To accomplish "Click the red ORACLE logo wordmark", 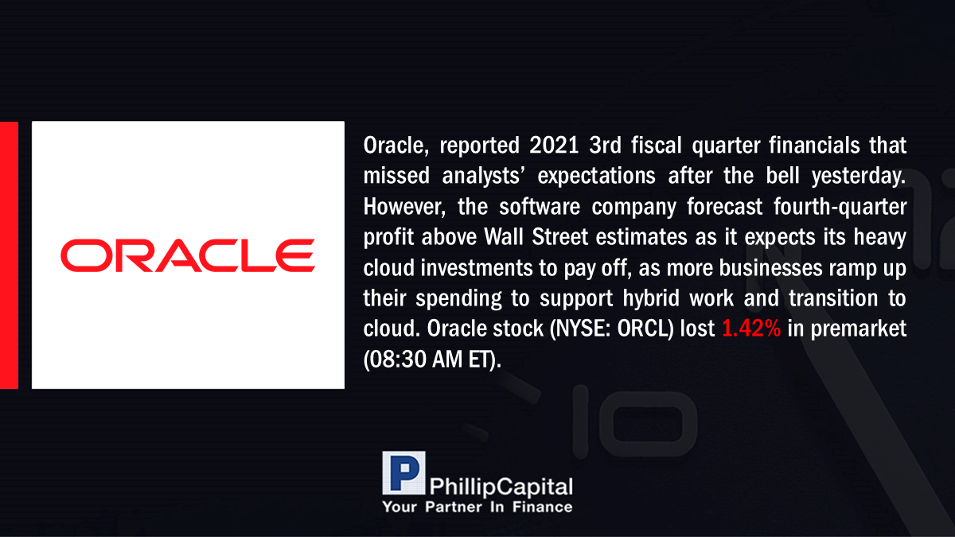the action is pyautogui.click(x=188, y=255).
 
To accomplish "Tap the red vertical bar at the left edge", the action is pyautogui.click(x=9, y=255).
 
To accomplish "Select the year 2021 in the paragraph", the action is pyautogui.click(x=554, y=146).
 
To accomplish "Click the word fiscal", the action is pyautogui.click(x=656, y=145).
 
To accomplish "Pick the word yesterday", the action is pyautogui.click(x=859, y=177).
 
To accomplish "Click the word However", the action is pyautogui.click(x=404, y=207).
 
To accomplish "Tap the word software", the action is pyautogui.click(x=540, y=207).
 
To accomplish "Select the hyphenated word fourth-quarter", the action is pyautogui.click(x=840, y=208).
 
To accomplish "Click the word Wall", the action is pyautogui.click(x=504, y=237).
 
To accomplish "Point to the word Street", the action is pyautogui.click(x=559, y=237).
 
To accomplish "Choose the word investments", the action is pyautogui.click(x=477, y=267).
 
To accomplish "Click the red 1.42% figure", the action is pyautogui.click(x=751, y=329).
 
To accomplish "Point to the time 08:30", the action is pyautogui.click(x=398, y=360).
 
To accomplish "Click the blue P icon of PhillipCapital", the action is pyautogui.click(x=403, y=473).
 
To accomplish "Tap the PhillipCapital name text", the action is pyautogui.click(x=501, y=487).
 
